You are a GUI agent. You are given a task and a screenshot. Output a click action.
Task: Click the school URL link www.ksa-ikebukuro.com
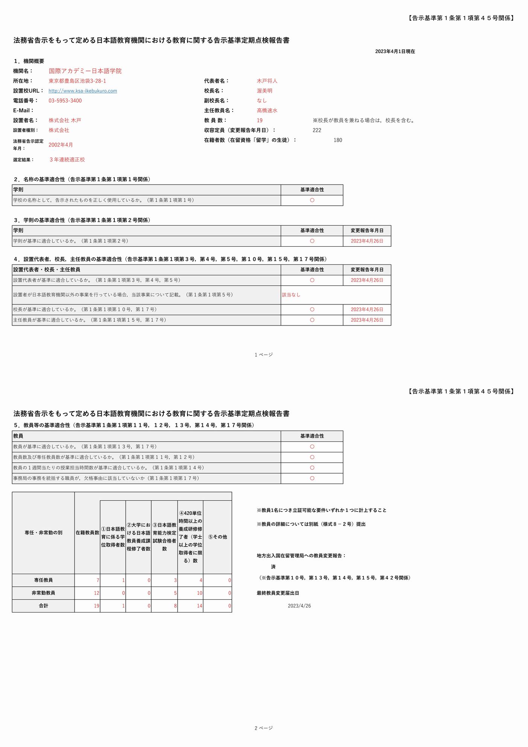click(82, 91)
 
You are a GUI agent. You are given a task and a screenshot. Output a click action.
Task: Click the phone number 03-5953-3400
click(65, 101)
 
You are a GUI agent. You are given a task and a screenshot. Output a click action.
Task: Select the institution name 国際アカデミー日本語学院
click(85, 71)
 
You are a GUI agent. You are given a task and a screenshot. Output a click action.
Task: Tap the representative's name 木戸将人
click(267, 81)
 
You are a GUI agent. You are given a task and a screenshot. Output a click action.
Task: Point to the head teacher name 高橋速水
click(267, 110)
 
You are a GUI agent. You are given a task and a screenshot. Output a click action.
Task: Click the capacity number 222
click(317, 130)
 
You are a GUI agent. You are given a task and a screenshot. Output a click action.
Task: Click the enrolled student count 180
click(338, 140)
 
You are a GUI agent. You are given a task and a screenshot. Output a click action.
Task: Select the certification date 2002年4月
click(61, 145)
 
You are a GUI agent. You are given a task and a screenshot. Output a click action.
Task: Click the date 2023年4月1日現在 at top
click(395, 52)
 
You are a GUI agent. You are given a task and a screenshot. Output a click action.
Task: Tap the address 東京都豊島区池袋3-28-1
click(77, 81)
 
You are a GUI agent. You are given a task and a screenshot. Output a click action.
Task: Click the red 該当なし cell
click(291, 295)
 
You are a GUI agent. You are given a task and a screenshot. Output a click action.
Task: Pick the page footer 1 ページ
click(263, 355)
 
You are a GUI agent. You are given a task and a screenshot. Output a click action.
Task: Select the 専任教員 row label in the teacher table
click(43, 580)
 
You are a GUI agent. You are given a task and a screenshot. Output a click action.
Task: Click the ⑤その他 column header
click(218, 537)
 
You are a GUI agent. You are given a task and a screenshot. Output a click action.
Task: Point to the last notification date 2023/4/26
click(299, 606)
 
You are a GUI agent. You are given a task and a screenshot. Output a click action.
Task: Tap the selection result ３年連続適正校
click(67, 160)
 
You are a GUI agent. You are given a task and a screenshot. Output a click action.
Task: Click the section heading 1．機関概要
click(29, 61)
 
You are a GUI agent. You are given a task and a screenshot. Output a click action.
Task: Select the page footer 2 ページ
click(263, 728)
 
